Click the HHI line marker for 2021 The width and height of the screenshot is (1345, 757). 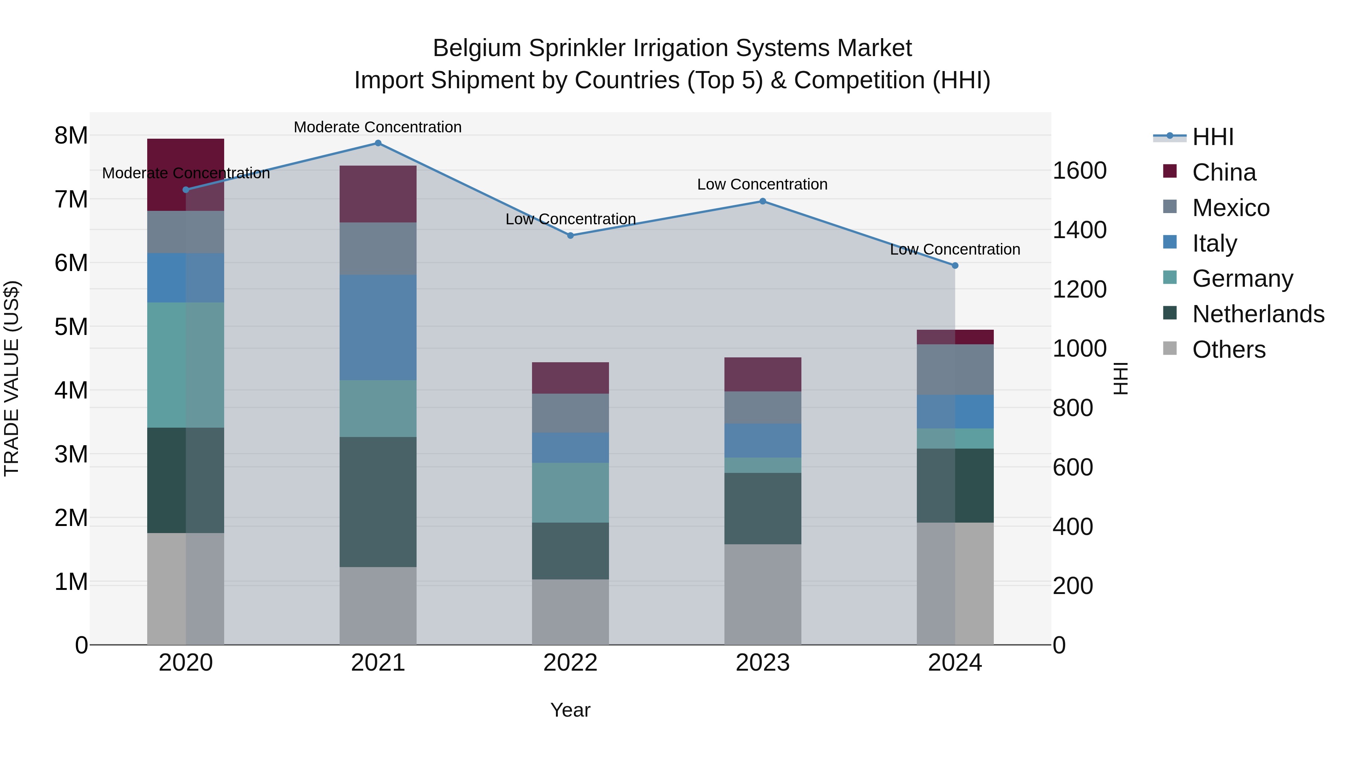tap(378, 143)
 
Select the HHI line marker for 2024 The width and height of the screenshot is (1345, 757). tap(955, 265)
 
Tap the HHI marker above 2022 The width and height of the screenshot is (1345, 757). tap(570, 236)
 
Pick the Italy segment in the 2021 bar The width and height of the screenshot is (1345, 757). tap(378, 327)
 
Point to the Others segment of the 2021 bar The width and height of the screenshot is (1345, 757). tap(378, 606)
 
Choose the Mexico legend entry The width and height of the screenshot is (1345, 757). tap(1231, 208)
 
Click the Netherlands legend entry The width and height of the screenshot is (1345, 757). tap(1258, 314)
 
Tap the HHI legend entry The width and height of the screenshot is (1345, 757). tap(1212, 137)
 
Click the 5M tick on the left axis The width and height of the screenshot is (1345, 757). tap(71, 327)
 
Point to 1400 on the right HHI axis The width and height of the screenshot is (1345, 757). tap(1079, 230)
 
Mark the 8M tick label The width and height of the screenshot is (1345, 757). tap(71, 135)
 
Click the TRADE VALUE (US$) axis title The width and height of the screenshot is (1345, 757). tap(12, 378)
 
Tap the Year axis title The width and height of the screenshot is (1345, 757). tap(570, 710)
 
